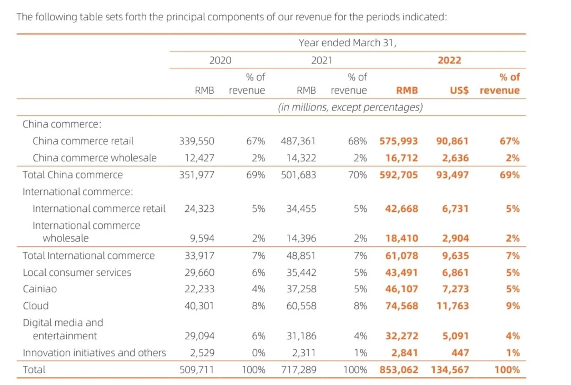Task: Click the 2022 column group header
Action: point(449,60)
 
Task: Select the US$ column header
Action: point(459,90)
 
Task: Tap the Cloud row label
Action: point(36,306)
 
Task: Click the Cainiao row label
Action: point(40,289)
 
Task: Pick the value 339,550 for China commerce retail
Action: point(197,141)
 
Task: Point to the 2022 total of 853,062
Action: point(398,370)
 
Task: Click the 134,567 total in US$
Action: point(450,370)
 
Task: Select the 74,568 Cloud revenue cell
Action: point(401,306)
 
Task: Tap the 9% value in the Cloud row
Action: point(512,306)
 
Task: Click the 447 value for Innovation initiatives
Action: point(460,353)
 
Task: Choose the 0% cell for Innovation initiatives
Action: point(258,353)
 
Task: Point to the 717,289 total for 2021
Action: point(298,370)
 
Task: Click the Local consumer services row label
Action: point(77,273)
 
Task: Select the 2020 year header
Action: point(220,60)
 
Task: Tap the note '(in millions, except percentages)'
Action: point(350,107)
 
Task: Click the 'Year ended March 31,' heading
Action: point(347,43)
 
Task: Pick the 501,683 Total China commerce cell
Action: point(298,175)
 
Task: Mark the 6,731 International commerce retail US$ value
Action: point(455,209)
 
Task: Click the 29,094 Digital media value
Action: point(199,336)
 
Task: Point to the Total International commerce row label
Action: point(89,256)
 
